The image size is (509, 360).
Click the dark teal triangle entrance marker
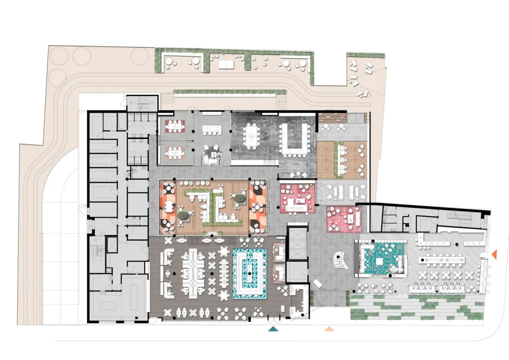pyautogui.click(x=273, y=329)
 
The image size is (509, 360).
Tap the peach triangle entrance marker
pyautogui.click(x=330, y=329)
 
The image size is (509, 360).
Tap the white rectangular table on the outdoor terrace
pyautogui.click(x=224, y=64)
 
